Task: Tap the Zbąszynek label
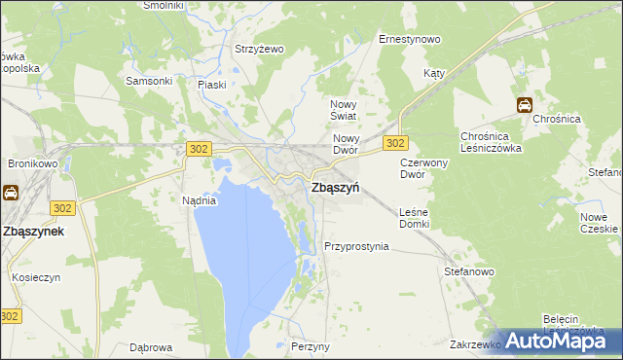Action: [33, 232]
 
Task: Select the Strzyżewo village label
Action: [258, 49]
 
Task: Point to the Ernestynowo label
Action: [409, 40]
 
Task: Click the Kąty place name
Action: [434, 74]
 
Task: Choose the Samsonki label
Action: [149, 81]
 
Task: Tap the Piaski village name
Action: [211, 85]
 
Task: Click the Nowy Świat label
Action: [345, 110]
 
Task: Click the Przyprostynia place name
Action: [356, 246]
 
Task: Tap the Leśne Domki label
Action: [414, 218]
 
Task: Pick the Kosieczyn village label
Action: [37, 276]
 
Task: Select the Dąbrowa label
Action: [151, 347]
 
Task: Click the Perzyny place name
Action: [311, 346]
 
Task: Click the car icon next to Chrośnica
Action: [524, 105]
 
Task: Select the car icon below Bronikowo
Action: [11, 193]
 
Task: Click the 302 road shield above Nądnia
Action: [198, 147]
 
